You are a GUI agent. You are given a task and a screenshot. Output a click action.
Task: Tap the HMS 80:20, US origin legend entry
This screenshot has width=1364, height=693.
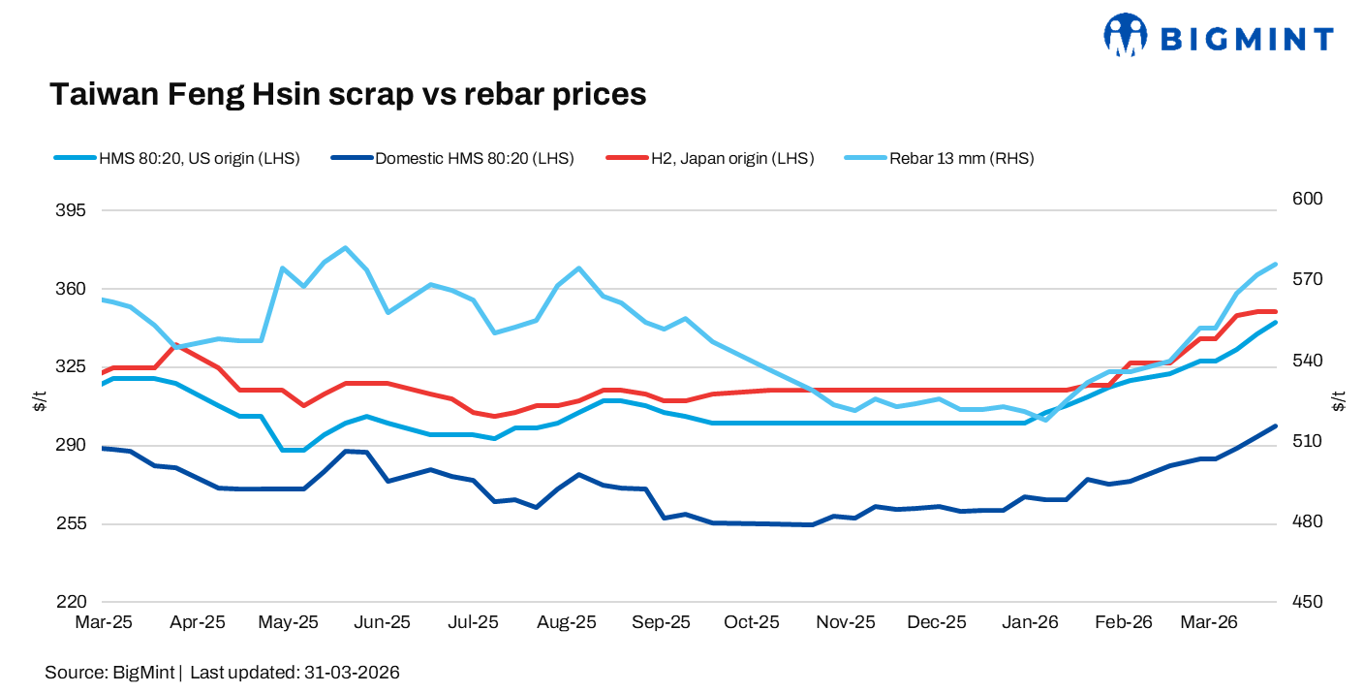[199, 158]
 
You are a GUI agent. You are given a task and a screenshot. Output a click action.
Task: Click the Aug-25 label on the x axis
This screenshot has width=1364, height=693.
[567, 622]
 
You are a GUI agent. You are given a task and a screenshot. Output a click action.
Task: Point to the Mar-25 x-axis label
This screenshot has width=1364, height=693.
[104, 622]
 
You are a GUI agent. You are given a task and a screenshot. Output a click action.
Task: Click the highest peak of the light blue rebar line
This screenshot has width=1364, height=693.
[346, 248]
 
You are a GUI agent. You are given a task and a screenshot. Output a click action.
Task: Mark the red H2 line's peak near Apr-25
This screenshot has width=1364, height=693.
[175, 345]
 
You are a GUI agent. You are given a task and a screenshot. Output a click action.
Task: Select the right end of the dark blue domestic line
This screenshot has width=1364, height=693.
[1275, 425]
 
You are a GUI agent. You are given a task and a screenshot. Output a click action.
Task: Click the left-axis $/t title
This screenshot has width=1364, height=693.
[40, 401]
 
